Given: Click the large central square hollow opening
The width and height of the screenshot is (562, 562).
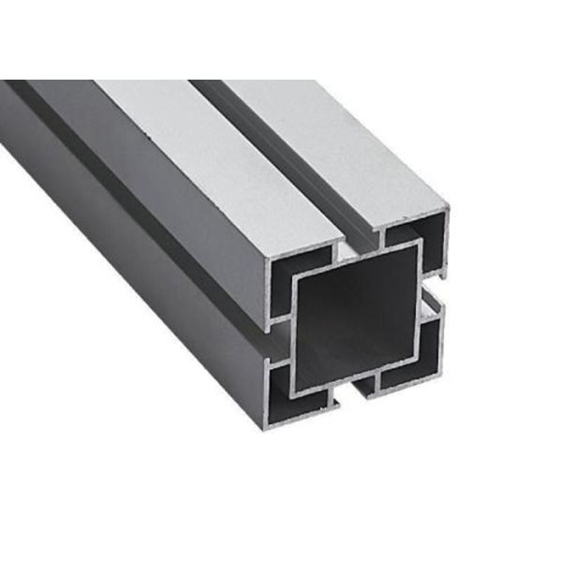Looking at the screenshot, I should click(x=356, y=318).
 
